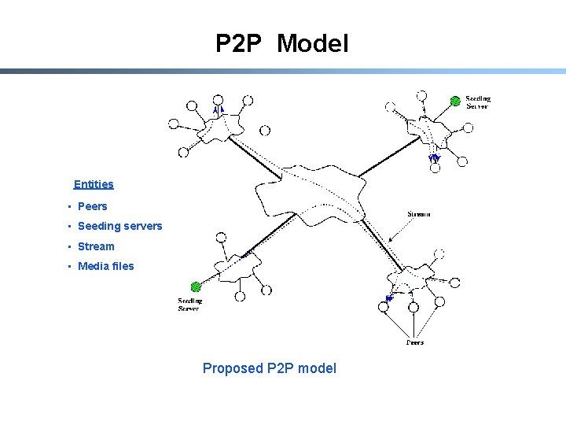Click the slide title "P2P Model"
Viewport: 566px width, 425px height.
click(x=281, y=44)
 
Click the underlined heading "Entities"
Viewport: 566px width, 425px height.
click(x=94, y=184)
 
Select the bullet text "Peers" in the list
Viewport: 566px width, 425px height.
click(x=93, y=206)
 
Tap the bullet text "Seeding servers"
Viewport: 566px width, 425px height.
click(x=119, y=226)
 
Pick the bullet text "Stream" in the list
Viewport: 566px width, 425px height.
click(x=96, y=246)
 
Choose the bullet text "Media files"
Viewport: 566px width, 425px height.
click(x=106, y=266)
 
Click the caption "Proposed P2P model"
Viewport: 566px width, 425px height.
click(x=269, y=368)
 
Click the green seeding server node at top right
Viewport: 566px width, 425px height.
click(x=454, y=101)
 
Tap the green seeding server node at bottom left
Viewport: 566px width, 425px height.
click(x=196, y=287)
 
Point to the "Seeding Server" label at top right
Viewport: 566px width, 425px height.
click(x=477, y=103)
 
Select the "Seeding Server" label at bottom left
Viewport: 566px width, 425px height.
click(x=189, y=305)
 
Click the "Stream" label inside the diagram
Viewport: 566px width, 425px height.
click(x=419, y=214)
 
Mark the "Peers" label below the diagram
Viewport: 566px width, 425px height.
click(x=415, y=342)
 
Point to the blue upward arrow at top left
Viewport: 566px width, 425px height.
click(x=219, y=111)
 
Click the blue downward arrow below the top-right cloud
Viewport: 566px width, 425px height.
click(x=434, y=159)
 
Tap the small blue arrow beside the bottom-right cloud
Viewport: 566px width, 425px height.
click(x=388, y=298)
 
